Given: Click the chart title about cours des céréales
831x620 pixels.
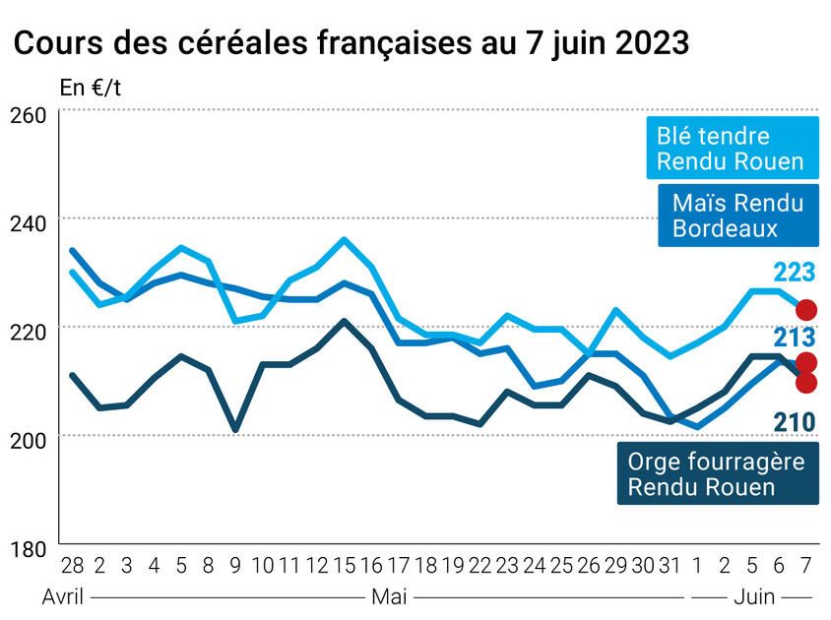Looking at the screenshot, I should point(350,44).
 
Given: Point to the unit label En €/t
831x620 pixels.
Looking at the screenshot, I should point(92,88).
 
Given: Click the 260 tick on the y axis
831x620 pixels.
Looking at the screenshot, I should point(31,115).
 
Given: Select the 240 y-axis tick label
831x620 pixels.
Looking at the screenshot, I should point(31,223).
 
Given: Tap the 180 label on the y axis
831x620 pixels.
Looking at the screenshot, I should point(31,548).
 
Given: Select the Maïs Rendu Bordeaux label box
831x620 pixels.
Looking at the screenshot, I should point(737,216).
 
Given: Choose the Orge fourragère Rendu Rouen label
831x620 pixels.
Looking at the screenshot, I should point(717,473).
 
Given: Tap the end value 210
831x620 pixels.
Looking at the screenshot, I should point(795,423).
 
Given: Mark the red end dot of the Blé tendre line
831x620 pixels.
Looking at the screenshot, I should point(806,310).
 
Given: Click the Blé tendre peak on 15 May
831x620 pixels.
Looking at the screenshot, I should point(344,239).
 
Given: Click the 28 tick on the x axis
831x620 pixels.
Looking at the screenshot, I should point(72,567).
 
